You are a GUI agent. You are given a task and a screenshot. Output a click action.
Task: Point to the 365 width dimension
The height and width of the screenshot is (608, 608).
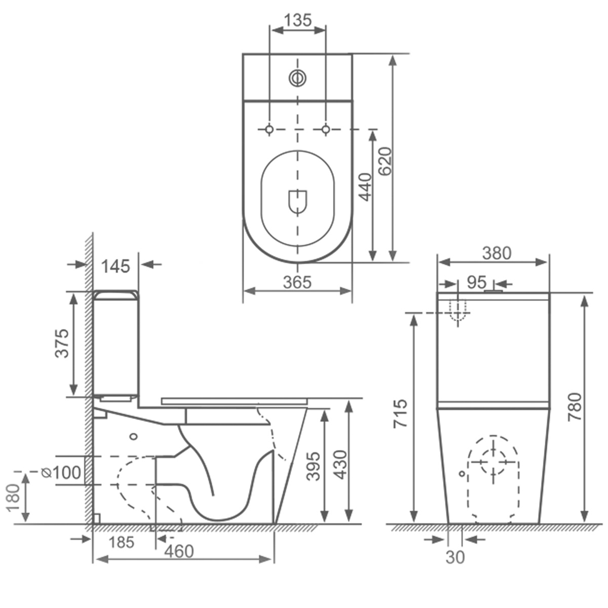coord(297,282)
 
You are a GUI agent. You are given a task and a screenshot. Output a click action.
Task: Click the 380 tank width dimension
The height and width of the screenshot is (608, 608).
coord(496,253)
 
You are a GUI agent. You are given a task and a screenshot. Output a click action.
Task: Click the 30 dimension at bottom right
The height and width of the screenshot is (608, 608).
coord(455,557)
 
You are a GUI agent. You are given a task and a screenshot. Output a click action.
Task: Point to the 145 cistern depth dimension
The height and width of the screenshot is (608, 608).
coord(116,265)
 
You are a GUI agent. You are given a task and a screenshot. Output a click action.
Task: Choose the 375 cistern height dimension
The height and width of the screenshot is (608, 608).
coord(62,343)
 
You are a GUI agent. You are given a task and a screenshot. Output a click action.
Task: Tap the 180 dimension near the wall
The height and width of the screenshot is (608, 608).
coord(14,497)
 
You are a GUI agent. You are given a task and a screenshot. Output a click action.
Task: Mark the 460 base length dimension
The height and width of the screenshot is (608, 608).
coord(179,551)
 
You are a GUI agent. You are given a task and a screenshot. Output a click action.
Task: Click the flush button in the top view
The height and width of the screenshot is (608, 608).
coord(298,78)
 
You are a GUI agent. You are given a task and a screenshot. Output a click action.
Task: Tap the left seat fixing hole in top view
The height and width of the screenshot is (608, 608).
coord(270,129)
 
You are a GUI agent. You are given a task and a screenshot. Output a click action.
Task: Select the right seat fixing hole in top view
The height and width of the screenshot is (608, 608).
coord(326,129)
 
